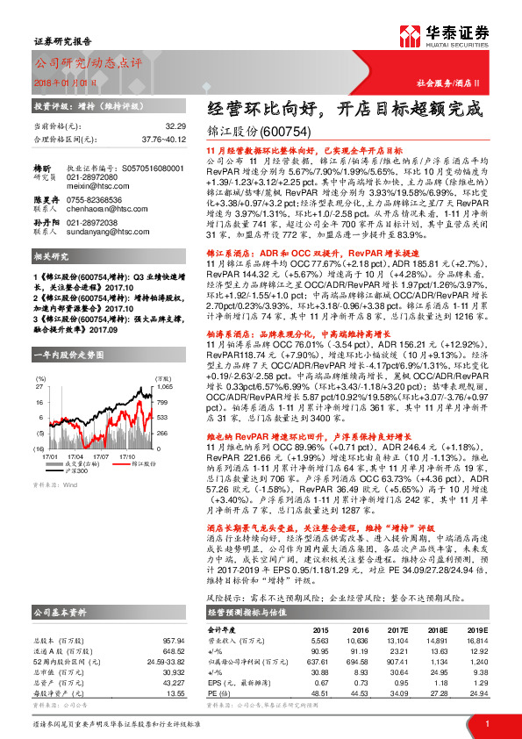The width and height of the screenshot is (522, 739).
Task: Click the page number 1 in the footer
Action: [485, 722]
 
